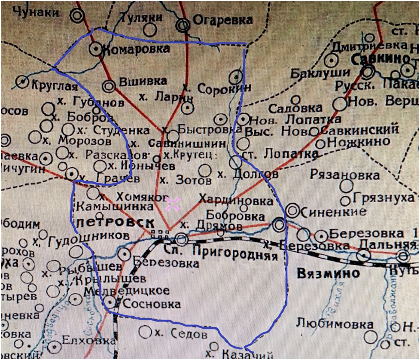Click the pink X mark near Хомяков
pos(172,204)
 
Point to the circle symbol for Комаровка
pos(95,49)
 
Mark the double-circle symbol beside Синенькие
pos(293,211)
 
